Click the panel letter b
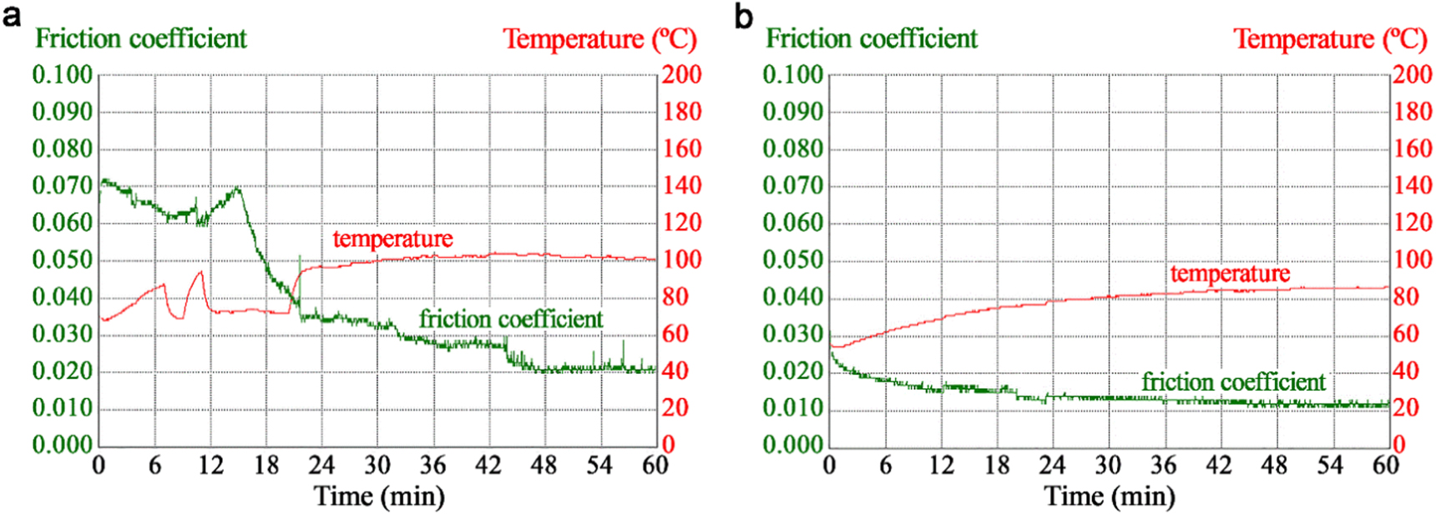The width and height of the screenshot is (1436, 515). [x=743, y=15]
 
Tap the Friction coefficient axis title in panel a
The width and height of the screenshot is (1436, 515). [x=141, y=38]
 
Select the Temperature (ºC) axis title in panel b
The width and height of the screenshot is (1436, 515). [x=1330, y=38]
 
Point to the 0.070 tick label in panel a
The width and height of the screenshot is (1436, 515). [x=63, y=185]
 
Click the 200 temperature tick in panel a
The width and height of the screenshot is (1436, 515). [x=682, y=75]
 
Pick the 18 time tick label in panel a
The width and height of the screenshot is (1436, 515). [x=265, y=465]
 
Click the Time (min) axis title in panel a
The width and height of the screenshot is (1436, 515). [x=379, y=497]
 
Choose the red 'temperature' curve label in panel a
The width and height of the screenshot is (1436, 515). [x=392, y=239]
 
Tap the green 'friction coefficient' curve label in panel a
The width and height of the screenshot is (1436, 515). [x=511, y=319]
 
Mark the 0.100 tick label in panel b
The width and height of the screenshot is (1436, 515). [x=793, y=75]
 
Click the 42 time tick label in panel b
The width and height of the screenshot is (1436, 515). [x=1219, y=465]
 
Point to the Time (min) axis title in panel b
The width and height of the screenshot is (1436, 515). [x=1110, y=497]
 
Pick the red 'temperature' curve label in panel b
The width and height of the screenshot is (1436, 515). [x=1230, y=273]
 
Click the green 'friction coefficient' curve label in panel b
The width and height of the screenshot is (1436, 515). [x=1233, y=381]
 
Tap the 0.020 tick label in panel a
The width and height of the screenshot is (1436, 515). [x=63, y=371]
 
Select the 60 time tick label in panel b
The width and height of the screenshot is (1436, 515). [x=1386, y=465]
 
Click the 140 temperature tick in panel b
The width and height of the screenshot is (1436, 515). [x=1413, y=185]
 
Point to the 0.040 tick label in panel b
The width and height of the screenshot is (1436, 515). [x=793, y=296]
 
